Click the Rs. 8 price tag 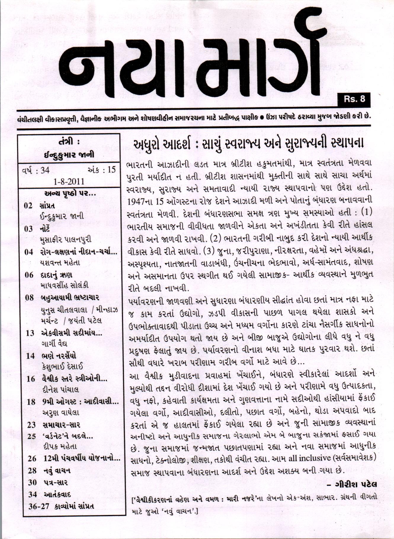(354, 99)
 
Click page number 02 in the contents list (28, 205)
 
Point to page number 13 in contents (30, 333)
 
